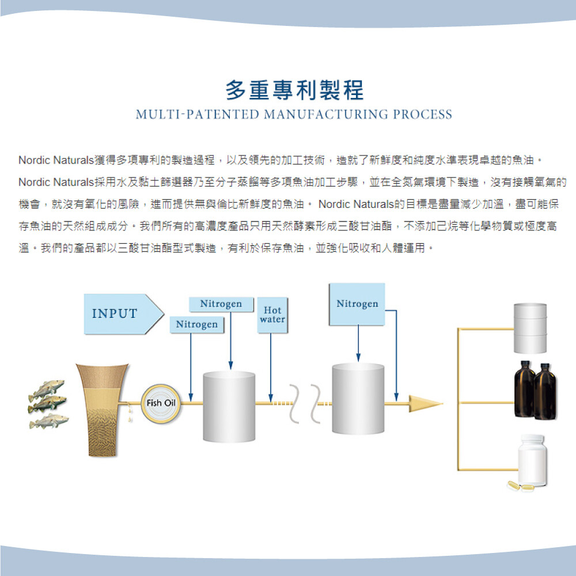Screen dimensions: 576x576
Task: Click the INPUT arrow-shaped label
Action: click(123, 314)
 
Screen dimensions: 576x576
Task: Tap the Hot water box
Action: click(272, 315)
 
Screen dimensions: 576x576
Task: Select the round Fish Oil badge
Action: click(161, 403)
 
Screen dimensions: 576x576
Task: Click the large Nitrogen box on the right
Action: click(357, 304)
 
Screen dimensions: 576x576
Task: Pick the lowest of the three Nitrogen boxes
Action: click(197, 324)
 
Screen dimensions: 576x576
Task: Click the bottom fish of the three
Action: click(49, 422)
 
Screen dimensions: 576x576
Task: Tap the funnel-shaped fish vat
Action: click(102, 410)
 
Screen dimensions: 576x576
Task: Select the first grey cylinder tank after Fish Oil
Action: click(229, 406)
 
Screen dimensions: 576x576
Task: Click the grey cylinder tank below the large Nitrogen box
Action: click(358, 399)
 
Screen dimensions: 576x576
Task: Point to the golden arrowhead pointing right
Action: click(426, 404)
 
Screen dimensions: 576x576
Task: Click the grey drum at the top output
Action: click(530, 328)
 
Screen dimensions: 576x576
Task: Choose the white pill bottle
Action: click(532, 460)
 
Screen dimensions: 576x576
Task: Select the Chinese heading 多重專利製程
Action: click(294, 90)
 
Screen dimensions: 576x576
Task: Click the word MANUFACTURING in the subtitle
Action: click(326, 115)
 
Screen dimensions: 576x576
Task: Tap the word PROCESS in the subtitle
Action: click(422, 115)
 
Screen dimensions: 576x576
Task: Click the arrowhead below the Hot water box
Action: click(271, 398)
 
